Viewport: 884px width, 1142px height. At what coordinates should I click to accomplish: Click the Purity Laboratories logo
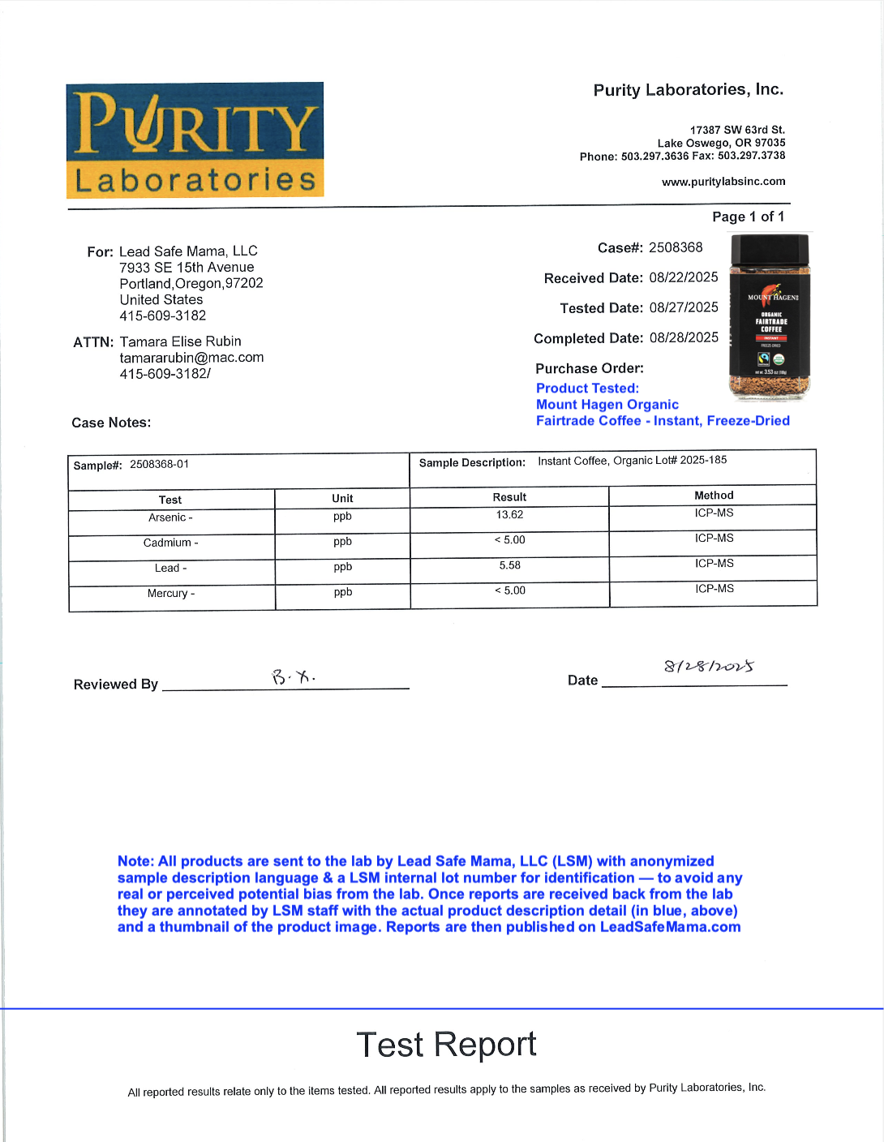coord(195,140)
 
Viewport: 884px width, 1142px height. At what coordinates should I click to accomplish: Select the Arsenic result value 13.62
coord(509,515)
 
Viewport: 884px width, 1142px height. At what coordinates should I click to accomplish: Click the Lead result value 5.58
coord(509,565)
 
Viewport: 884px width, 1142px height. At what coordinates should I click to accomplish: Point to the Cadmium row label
coord(170,543)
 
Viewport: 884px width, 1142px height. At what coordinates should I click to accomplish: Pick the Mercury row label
coord(170,594)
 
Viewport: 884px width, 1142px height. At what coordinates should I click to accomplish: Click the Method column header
coord(714,496)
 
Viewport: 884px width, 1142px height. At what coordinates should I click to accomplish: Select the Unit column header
coord(342,498)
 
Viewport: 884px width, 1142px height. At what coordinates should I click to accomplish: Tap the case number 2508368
coord(676,247)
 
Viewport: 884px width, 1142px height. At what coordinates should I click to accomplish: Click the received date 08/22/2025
coord(684,277)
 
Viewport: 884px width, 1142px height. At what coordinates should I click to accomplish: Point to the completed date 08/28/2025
coord(684,337)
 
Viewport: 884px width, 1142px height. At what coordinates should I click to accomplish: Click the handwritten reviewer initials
coord(293,676)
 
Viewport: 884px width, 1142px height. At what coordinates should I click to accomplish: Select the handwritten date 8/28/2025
coord(709,667)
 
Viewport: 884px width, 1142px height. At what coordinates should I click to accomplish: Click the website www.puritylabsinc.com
coord(723,182)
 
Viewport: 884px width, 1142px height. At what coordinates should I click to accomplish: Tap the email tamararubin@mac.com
coord(191,358)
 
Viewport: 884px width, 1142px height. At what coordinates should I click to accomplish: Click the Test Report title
coord(446,1045)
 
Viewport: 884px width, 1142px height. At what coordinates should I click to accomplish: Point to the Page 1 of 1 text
coord(748,217)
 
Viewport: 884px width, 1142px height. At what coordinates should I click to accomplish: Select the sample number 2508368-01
coord(159,464)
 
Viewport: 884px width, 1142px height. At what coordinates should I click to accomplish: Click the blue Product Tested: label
coord(587,389)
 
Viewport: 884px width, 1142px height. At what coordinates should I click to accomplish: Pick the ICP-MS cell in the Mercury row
coord(714,589)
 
